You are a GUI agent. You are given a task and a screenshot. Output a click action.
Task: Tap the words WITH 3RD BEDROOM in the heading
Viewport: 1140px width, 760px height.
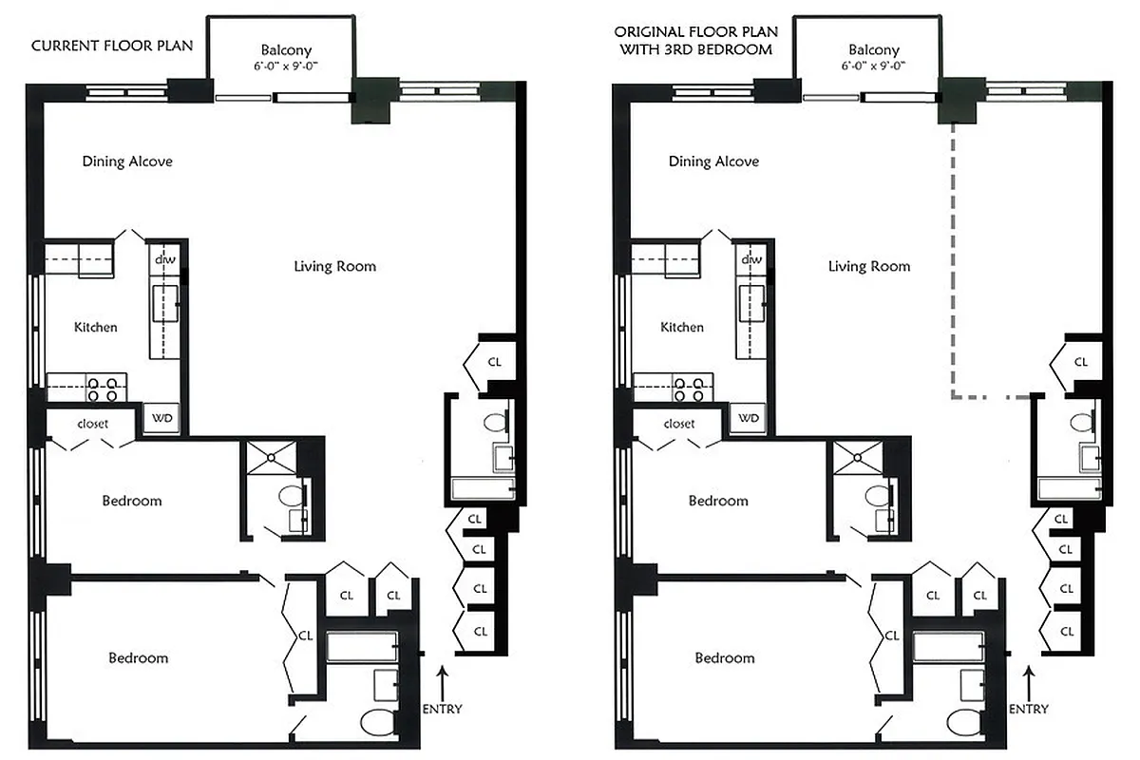coord(695,49)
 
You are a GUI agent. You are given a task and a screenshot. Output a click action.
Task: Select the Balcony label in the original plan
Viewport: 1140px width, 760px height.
coord(873,49)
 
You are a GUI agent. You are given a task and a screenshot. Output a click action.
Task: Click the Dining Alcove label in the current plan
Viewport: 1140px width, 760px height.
coord(127,161)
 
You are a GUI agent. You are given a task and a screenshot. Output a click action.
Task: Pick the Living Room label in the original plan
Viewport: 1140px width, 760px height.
coord(868,266)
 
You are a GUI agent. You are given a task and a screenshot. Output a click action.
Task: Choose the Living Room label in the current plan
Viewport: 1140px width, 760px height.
coord(334,266)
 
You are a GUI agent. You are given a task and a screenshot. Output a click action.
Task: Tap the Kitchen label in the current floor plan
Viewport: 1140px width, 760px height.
coord(96,327)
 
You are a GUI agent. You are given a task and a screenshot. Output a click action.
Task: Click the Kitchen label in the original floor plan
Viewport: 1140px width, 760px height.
coord(682,327)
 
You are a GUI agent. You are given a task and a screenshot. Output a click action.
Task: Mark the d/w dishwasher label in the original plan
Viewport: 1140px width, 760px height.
coord(751,259)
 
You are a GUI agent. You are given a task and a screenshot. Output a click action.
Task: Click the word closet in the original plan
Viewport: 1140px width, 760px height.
coord(679,424)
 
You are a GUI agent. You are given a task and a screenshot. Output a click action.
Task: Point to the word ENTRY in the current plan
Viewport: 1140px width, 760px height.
coord(442,709)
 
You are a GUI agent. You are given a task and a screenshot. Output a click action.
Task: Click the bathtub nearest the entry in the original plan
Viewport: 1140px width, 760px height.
coord(947,648)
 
